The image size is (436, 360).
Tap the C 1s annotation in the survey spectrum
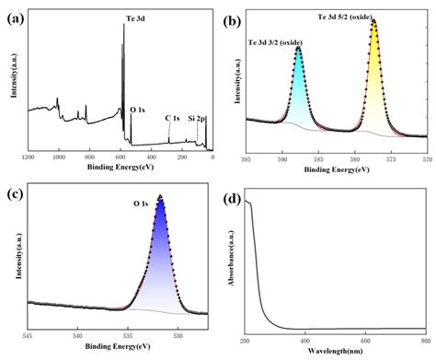[x=172, y=118]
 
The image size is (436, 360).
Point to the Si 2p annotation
[x=197, y=118]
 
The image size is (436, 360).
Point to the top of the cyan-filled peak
[x=299, y=49]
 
